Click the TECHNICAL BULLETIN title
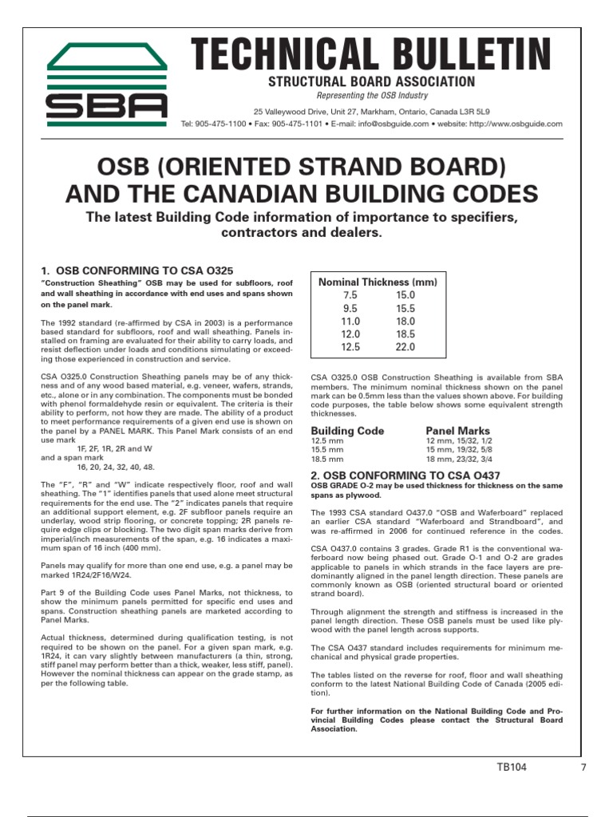(370, 55)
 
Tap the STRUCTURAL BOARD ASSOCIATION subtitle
(370, 82)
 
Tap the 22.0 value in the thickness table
(405, 348)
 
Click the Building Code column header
(347, 431)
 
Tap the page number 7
(583, 768)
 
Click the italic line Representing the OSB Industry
(370, 96)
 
